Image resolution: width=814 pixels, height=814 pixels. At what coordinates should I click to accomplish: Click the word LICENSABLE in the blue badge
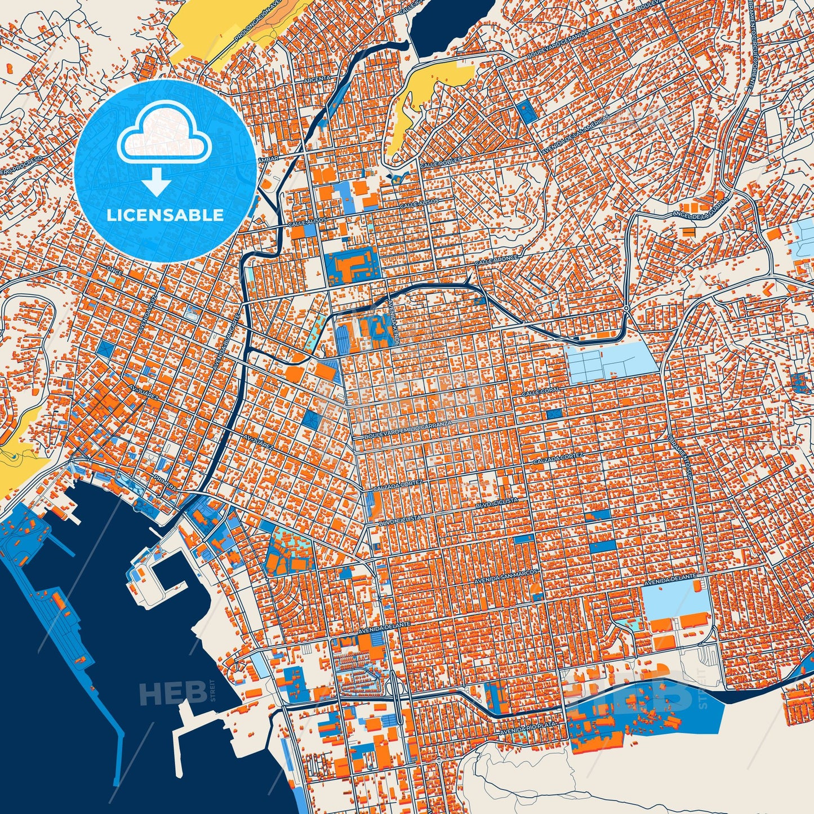point(164,215)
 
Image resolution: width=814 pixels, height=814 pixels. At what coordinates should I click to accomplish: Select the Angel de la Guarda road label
point(699,208)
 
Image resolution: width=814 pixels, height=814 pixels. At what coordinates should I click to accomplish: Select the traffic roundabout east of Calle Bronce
point(626,308)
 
